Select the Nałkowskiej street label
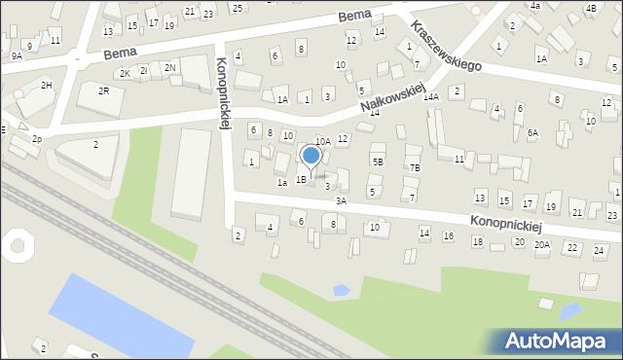(x=393, y=94)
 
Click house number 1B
(x=302, y=179)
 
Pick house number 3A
(x=341, y=200)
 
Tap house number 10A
(x=322, y=142)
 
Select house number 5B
(x=378, y=162)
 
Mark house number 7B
(x=415, y=168)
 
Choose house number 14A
(x=431, y=97)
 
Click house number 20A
(x=542, y=245)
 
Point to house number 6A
(x=532, y=133)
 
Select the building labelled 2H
(x=46, y=86)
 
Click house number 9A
(x=17, y=56)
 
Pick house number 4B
(x=591, y=9)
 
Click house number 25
(x=237, y=8)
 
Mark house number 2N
(x=169, y=67)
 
